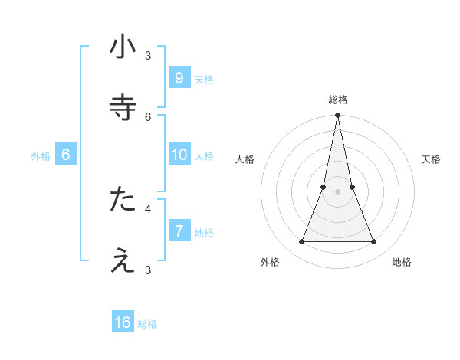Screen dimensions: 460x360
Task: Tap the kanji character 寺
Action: tap(123, 107)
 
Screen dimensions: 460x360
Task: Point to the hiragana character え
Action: tap(123, 260)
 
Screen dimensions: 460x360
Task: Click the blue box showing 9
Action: tap(179, 77)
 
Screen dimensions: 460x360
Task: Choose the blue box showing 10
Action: tap(179, 155)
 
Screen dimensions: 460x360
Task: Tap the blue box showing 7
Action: tap(179, 231)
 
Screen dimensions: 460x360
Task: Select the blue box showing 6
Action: tap(66, 155)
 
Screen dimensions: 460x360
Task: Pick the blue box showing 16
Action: tap(123, 322)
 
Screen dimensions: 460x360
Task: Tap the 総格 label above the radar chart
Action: tap(338, 100)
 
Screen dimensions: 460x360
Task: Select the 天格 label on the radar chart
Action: tap(432, 159)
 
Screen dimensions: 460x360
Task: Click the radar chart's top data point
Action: tap(338, 116)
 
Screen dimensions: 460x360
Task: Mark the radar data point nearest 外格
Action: tap(301, 242)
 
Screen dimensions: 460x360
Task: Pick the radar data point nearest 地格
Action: tap(374, 242)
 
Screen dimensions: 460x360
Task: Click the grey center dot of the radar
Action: tap(338, 191)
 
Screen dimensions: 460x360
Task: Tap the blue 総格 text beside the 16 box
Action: tap(147, 324)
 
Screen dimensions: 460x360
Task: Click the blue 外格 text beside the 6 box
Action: tap(41, 156)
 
